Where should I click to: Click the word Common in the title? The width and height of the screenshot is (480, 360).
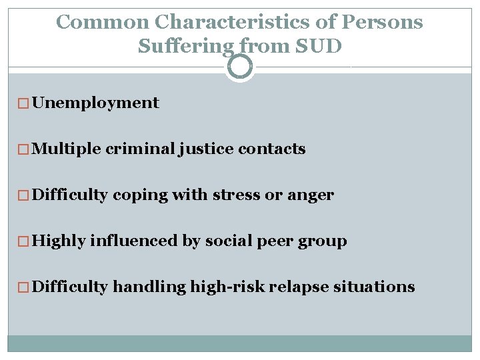coord(103,22)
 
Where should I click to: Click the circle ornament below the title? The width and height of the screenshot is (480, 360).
coord(240,67)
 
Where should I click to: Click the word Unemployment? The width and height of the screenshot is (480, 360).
coord(95,103)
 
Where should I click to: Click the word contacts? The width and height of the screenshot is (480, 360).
coord(271,149)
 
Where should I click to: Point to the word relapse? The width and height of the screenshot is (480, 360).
coord(291,287)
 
